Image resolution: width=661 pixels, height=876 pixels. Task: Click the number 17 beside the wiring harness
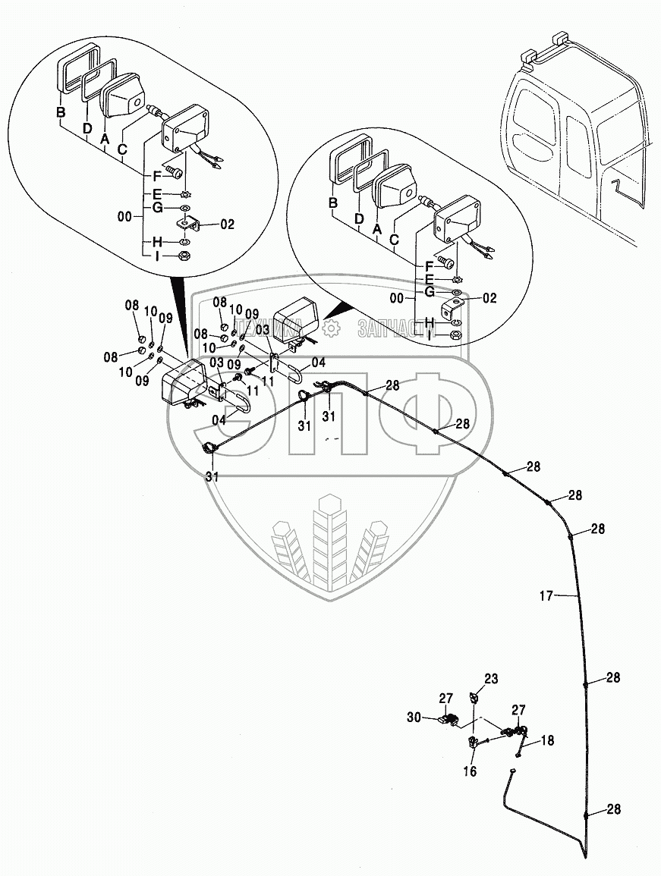coord(546,596)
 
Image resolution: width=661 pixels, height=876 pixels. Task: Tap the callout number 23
coord(492,680)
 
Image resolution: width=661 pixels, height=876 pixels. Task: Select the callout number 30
coord(435,717)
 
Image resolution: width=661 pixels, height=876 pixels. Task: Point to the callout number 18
coord(547,740)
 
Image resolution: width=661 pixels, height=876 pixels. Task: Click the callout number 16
coord(470,771)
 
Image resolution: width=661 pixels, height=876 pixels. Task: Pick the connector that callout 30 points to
coord(449,721)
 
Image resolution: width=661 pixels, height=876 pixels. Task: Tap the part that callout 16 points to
coord(472,743)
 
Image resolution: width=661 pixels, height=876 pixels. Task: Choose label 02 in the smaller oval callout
coord(489,298)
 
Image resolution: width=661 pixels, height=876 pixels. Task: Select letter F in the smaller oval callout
coord(429,265)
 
